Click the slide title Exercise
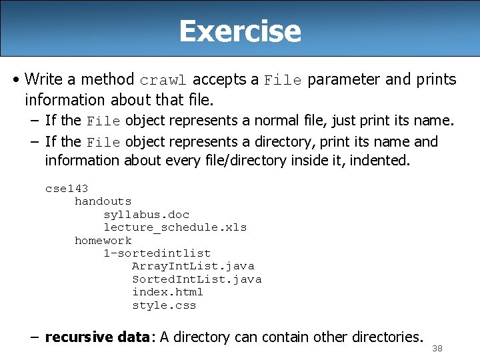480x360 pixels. [240, 31]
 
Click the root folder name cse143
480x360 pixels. [67, 189]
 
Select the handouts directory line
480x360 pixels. [103, 201]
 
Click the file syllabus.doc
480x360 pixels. [146, 215]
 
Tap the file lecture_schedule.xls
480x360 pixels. [175, 227]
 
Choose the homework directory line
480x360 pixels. [103, 241]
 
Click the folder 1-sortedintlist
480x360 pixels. [157, 253]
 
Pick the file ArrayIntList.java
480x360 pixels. [193, 267]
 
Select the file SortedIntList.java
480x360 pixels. [196, 279]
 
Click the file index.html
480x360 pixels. [167, 292]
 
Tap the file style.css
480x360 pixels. [164, 305]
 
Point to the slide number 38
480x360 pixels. [437, 349]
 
